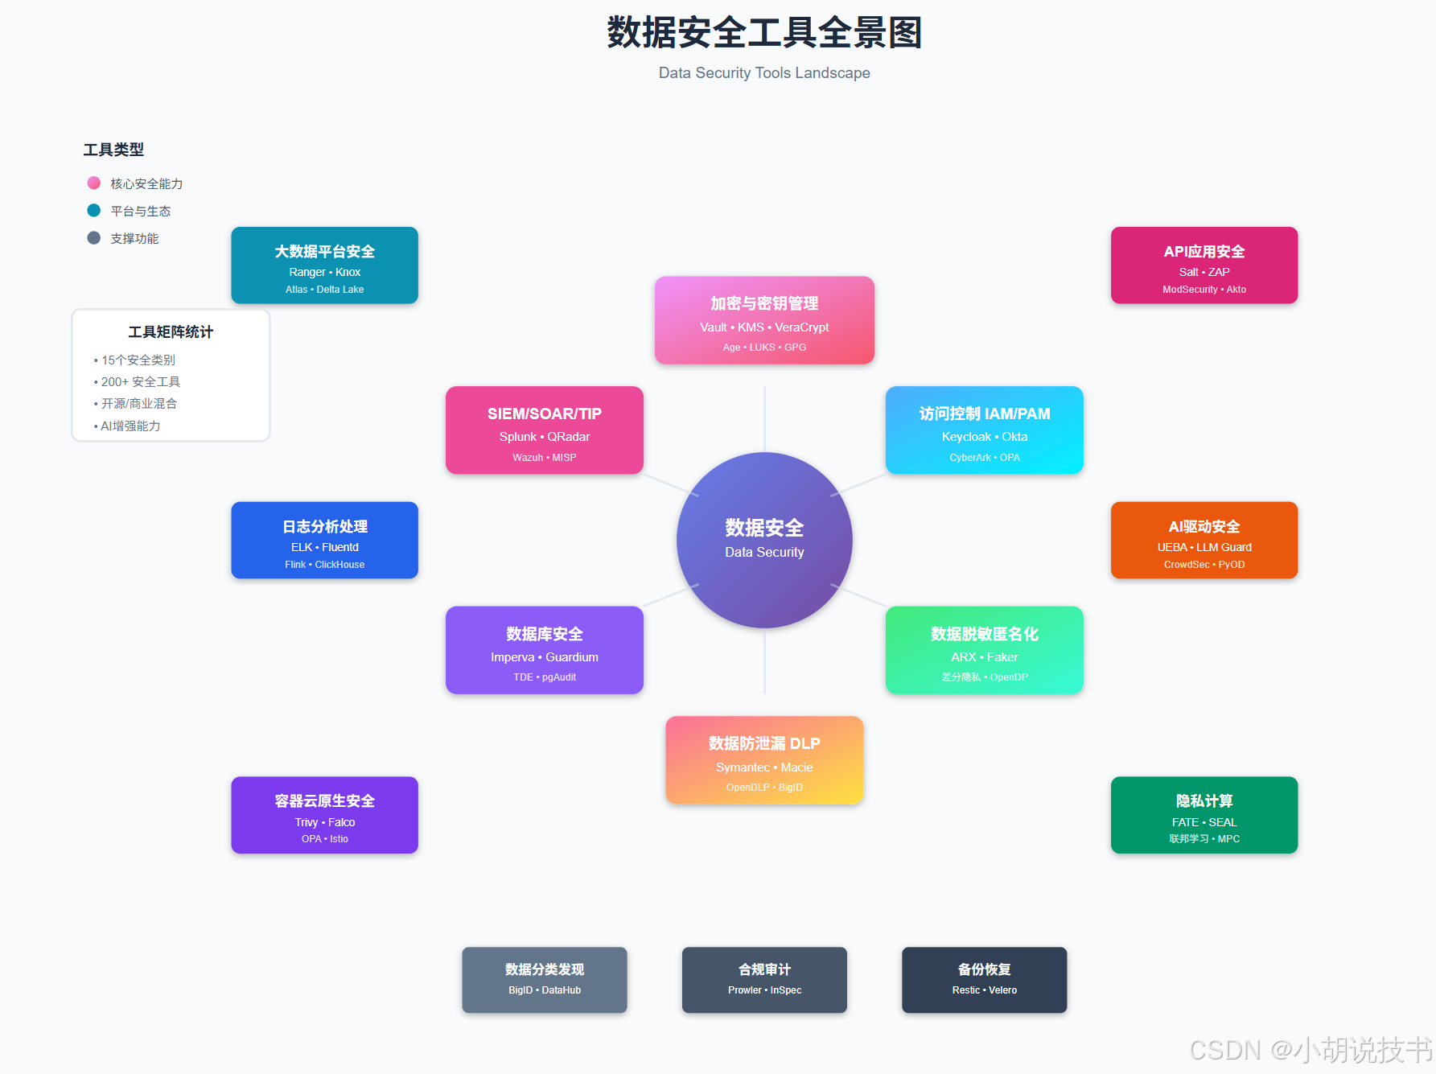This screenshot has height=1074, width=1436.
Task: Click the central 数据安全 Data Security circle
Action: [x=764, y=540]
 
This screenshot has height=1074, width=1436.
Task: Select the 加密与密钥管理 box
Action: [x=764, y=320]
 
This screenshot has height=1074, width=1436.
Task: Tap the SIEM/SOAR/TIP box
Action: [x=545, y=430]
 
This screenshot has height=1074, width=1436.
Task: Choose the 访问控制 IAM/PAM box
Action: [x=984, y=430]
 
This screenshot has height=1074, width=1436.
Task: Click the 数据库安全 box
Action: [x=545, y=650]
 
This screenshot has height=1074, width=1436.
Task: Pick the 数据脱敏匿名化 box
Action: [x=984, y=650]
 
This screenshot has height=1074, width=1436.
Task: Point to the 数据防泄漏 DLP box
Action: [x=764, y=760]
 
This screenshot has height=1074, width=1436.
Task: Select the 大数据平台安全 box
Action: [x=324, y=265]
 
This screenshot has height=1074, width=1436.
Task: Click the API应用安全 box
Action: [x=1204, y=265]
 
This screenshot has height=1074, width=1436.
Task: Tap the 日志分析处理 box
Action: [x=324, y=541]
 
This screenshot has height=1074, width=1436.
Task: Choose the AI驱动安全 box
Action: [x=1204, y=541]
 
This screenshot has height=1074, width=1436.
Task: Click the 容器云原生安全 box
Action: [x=324, y=815]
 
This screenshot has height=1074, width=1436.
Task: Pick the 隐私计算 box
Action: [x=1204, y=815]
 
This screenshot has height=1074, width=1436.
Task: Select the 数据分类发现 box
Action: [x=545, y=980]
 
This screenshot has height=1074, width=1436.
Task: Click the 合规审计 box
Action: [x=764, y=980]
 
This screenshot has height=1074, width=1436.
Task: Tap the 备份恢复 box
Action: [x=984, y=980]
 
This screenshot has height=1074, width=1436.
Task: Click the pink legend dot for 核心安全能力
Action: [x=94, y=183]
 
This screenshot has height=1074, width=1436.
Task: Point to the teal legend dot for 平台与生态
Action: [x=94, y=211]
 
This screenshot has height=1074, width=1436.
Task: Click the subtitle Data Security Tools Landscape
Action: [x=764, y=73]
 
